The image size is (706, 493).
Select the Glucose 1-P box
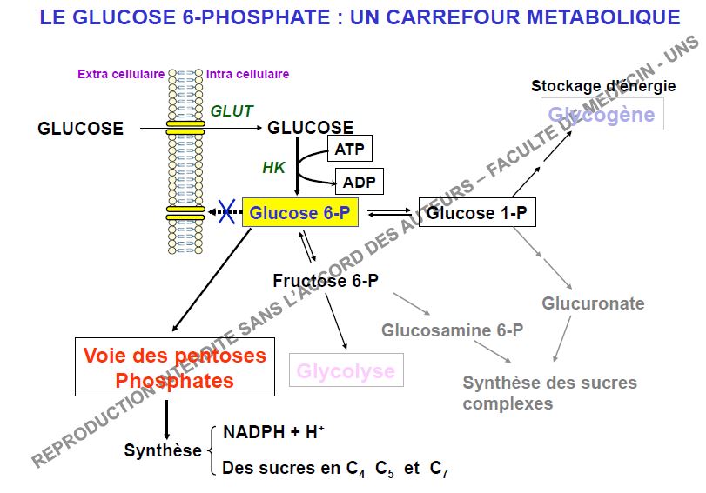(477, 212)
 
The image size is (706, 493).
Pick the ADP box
(358, 183)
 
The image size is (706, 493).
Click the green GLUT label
(232, 111)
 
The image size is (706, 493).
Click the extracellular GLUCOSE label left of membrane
(80, 129)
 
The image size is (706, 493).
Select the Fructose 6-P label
(325, 281)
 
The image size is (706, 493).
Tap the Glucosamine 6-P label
(453, 330)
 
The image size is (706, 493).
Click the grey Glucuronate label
(593, 303)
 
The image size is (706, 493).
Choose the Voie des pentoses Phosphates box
(175, 368)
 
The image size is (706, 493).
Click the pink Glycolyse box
(346, 371)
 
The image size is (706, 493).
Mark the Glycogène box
(602, 115)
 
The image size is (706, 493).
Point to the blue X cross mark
(227, 212)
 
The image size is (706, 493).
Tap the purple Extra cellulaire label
(121, 74)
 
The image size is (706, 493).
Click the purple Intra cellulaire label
(248, 74)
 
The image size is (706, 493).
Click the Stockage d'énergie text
(603, 86)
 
